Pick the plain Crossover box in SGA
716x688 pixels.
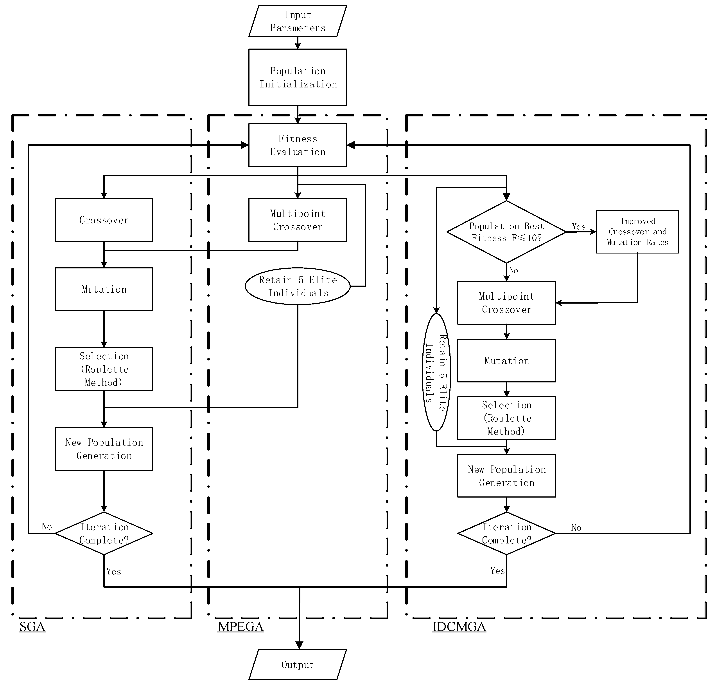(x=104, y=220)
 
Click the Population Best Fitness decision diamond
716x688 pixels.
(x=506, y=232)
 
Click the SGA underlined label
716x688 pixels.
(x=32, y=627)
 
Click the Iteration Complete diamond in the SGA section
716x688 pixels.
(x=104, y=533)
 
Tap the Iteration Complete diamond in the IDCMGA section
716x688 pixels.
(x=506, y=533)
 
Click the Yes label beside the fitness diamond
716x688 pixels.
(x=579, y=227)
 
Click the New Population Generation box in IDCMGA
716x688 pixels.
(x=506, y=476)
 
